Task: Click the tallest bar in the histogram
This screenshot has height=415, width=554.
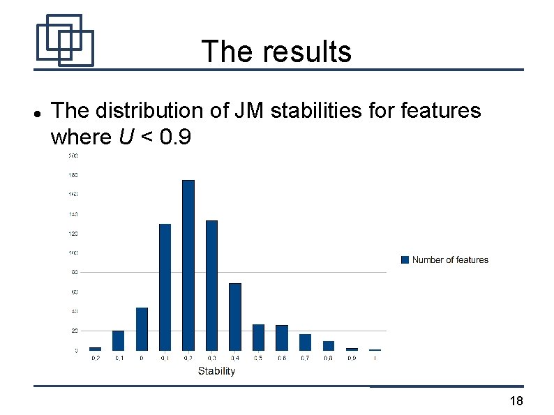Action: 188,265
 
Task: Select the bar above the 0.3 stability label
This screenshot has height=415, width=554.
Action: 211,285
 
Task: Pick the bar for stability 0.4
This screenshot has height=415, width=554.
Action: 235,317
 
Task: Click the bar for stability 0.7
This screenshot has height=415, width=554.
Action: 305,342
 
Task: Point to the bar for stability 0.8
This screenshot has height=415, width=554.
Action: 329,346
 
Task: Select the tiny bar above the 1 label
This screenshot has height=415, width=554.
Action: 375,349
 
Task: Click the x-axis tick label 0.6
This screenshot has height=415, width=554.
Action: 282,359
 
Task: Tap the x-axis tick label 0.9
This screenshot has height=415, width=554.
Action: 352,359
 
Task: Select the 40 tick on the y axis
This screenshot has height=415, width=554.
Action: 74,311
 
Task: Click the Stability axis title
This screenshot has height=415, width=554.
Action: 216,371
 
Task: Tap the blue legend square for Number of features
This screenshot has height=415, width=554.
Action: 405,260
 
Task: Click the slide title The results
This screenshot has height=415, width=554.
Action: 276,52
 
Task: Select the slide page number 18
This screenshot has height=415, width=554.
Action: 516,401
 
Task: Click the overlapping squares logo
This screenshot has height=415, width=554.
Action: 64,40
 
